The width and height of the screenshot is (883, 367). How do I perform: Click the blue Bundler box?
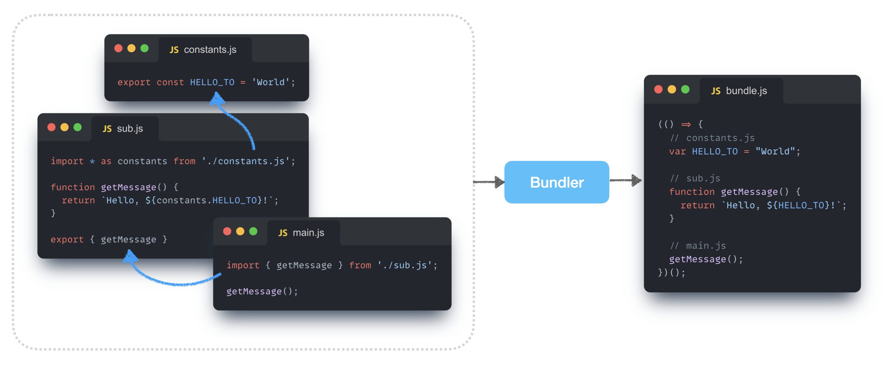click(x=556, y=182)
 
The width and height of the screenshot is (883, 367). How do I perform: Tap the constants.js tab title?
click(x=210, y=50)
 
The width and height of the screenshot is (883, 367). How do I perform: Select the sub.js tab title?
click(x=130, y=129)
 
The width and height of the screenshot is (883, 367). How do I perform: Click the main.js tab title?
click(x=308, y=233)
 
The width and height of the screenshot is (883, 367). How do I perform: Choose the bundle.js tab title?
click(x=746, y=91)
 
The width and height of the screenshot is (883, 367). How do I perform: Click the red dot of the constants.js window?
click(x=118, y=48)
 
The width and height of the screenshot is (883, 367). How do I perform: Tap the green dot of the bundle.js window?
click(x=685, y=89)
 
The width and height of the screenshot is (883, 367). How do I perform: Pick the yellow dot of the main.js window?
click(x=240, y=231)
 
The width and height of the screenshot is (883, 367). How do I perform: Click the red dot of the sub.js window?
click(x=51, y=127)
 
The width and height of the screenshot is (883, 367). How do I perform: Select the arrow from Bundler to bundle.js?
click(x=626, y=181)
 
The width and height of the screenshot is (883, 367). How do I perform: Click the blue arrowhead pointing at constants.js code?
click(x=217, y=99)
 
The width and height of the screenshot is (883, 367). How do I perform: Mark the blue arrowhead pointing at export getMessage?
click(x=130, y=256)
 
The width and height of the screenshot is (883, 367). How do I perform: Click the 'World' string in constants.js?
click(x=270, y=83)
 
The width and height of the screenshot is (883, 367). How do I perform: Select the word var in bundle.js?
click(x=677, y=152)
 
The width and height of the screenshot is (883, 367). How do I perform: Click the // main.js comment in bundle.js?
click(x=698, y=246)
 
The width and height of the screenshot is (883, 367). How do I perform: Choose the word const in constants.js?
click(x=170, y=83)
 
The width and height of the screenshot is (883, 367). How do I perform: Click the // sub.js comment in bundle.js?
click(x=695, y=179)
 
